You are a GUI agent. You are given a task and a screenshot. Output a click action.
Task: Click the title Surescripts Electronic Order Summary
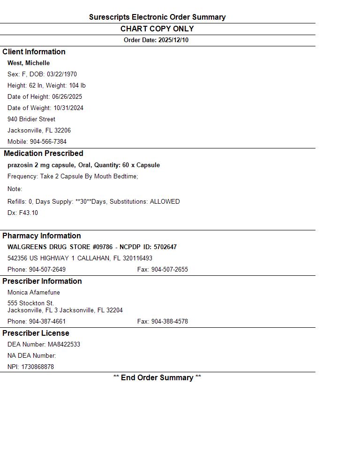click(x=157, y=17)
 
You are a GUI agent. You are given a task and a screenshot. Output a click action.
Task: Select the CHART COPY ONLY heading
click(x=157, y=29)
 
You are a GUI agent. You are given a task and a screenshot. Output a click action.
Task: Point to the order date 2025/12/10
click(x=173, y=40)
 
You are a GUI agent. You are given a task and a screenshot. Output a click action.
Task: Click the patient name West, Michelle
click(x=29, y=63)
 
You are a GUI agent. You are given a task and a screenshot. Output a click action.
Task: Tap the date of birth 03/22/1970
click(x=62, y=74)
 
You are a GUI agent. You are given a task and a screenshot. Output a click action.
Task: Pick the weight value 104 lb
click(x=77, y=86)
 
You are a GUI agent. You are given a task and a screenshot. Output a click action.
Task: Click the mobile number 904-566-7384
click(x=48, y=142)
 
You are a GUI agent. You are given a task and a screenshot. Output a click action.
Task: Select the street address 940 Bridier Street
click(x=31, y=119)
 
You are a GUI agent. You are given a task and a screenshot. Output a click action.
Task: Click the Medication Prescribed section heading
click(x=44, y=154)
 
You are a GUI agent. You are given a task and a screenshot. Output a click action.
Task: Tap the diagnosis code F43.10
click(x=29, y=213)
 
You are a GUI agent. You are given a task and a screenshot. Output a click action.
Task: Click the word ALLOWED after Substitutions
click(x=165, y=202)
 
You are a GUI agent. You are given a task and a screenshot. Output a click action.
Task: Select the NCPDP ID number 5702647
click(x=165, y=247)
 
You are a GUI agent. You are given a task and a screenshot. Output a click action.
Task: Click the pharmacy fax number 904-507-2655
click(x=169, y=270)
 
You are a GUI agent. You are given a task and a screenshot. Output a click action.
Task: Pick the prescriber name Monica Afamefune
click(x=34, y=293)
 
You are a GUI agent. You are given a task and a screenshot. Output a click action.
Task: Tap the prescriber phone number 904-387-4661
click(x=47, y=322)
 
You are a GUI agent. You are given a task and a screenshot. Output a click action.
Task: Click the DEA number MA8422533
click(x=64, y=345)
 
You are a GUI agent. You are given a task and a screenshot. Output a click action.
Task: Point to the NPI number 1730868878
click(x=37, y=367)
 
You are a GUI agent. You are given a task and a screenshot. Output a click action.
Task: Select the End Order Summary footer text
click(x=157, y=378)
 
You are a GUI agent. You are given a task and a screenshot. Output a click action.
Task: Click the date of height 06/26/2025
click(x=67, y=97)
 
